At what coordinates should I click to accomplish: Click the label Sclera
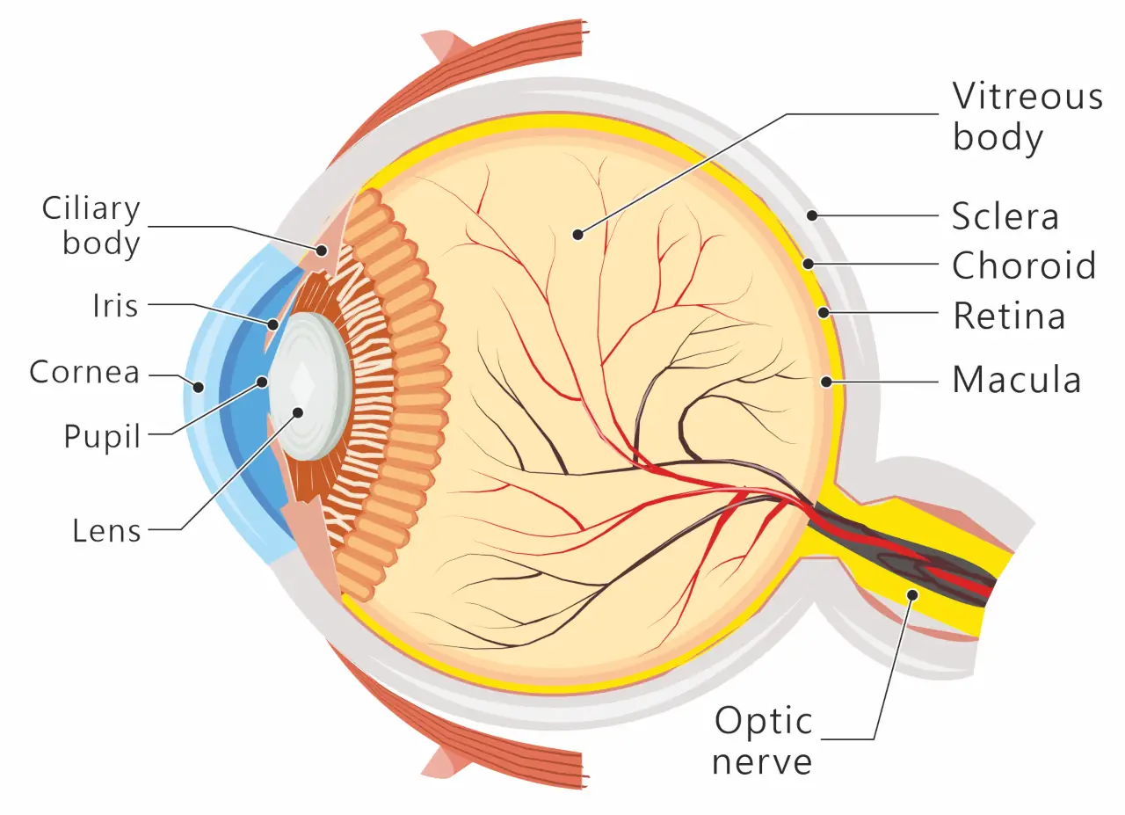tap(1005, 216)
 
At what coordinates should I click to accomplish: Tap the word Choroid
tap(1024, 265)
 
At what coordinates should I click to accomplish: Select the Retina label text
tap(1009, 316)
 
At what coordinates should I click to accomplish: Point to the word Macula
tap(1017, 379)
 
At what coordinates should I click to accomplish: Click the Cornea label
tap(84, 372)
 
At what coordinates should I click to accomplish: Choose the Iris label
tap(115, 305)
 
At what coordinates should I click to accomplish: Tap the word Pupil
tap(102, 436)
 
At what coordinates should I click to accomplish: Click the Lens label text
tap(106, 530)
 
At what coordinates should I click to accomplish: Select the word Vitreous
tap(1027, 96)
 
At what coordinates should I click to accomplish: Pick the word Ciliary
tap(91, 209)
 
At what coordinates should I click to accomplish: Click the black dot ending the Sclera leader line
tap(812, 215)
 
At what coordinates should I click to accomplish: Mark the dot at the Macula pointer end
tap(826, 382)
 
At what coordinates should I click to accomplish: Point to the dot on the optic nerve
tap(912, 595)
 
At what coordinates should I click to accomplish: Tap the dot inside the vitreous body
tap(578, 234)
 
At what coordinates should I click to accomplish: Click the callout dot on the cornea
tap(199, 387)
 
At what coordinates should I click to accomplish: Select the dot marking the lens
tap(298, 413)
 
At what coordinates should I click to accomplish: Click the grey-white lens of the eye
tap(310, 386)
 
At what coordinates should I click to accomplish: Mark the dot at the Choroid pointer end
tap(808, 263)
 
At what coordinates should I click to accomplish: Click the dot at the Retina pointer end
tap(824, 312)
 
